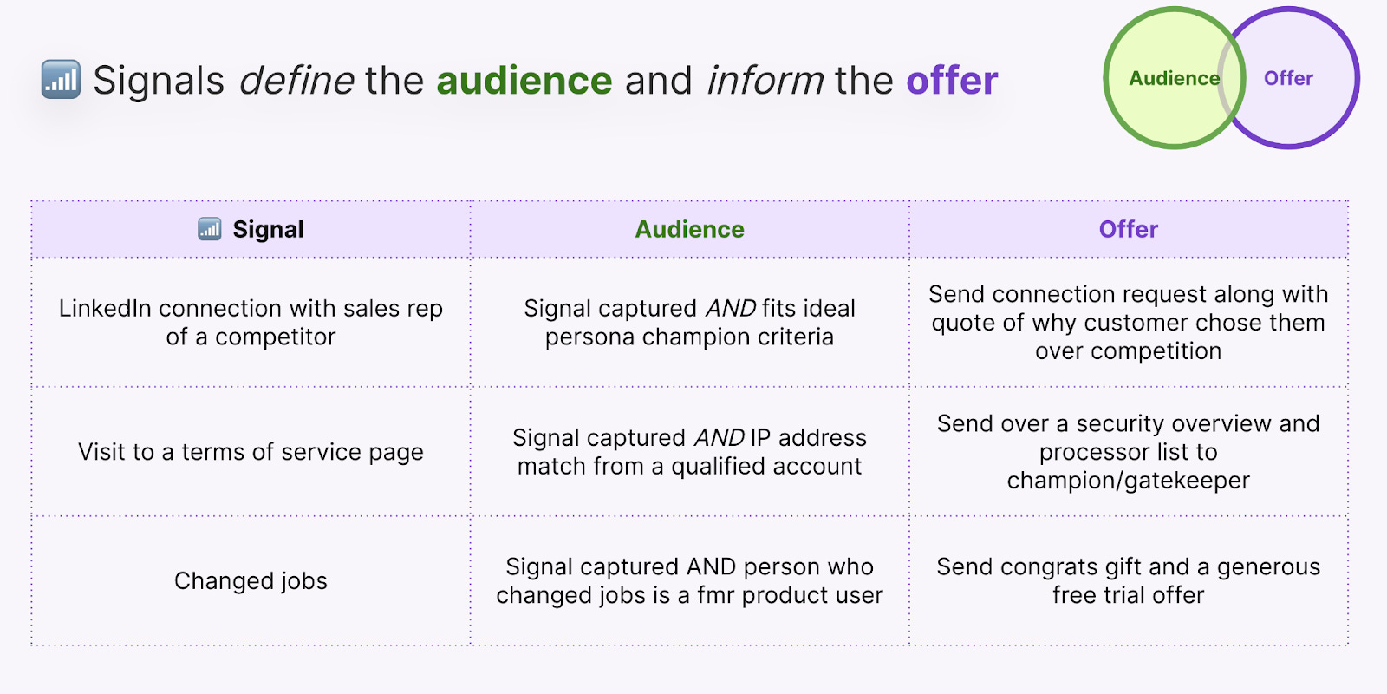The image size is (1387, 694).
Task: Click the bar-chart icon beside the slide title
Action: click(x=61, y=80)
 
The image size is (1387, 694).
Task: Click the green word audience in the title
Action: click(x=524, y=81)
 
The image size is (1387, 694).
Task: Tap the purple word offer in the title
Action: click(x=952, y=81)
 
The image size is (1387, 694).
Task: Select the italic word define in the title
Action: click(x=296, y=81)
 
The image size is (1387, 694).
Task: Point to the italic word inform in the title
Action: click(x=765, y=81)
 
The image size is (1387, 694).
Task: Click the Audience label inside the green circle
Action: click(x=1174, y=78)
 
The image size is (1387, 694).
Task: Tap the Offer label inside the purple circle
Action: click(x=1288, y=78)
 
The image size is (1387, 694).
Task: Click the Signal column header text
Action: click(x=268, y=229)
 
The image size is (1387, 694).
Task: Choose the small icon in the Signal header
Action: click(x=210, y=229)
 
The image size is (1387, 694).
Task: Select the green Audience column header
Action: click(x=689, y=229)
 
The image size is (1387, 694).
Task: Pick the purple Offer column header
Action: click(x=1128, y=229)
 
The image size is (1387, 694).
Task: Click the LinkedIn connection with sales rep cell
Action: click(x=251, y=322)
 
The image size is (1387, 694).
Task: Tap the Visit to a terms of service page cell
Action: click(x=251, y=452)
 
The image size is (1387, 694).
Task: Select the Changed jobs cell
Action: click(x=251, y=580)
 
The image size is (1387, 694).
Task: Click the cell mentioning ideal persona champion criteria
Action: click(x=689, y=322)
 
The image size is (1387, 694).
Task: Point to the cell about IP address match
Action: click(x=689, y=451)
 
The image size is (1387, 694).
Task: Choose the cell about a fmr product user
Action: click(x=689, y=580)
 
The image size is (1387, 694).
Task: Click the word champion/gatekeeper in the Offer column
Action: click(x=1128, y=481)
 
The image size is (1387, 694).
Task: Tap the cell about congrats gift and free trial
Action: click(x=1128, y=580)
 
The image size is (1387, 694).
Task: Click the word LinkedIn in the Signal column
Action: click(x=105, y=308)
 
